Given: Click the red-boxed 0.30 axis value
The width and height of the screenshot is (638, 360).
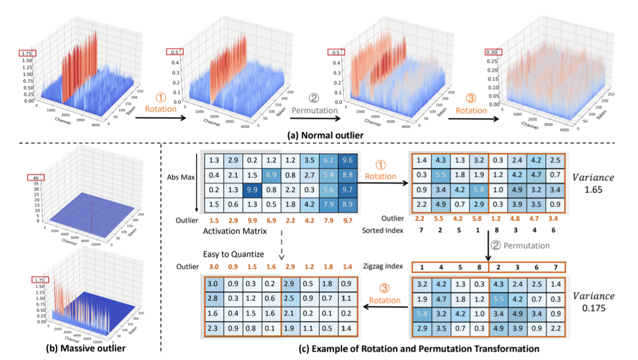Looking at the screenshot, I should [493, 52].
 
